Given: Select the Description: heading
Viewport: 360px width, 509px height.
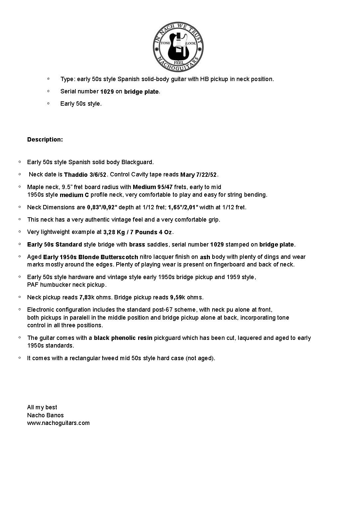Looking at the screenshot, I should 45,140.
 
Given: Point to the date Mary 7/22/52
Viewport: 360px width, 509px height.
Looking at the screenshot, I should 199,175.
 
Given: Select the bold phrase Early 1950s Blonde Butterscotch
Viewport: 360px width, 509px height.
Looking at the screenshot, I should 91,257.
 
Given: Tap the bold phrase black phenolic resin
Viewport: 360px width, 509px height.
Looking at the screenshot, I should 123,338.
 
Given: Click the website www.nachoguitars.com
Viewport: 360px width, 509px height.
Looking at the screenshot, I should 58,423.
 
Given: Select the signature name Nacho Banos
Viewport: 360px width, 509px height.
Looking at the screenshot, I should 45,415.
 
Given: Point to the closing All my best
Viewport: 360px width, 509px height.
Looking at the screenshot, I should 42,407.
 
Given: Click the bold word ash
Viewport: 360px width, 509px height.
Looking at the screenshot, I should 205,257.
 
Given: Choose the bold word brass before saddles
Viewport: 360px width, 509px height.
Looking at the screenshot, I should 137,245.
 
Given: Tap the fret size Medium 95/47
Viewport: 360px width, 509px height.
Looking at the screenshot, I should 153,187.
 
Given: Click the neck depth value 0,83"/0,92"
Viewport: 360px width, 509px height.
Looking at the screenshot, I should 102,207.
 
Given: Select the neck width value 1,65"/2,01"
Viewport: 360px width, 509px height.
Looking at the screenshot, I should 183,207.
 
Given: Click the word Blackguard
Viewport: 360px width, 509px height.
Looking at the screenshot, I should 137,162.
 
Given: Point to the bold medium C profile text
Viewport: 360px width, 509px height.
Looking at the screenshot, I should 74,195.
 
